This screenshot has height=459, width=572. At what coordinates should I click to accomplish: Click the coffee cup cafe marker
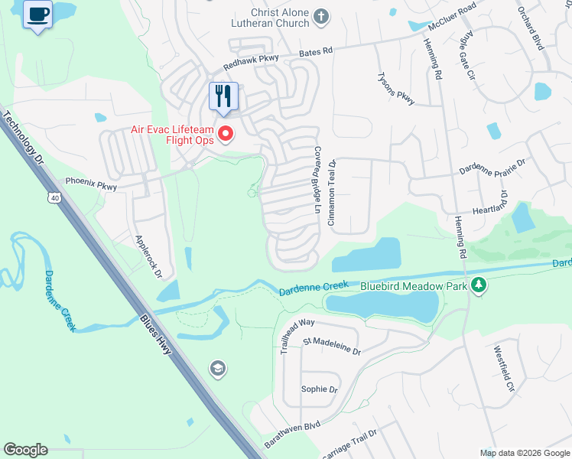pos(37,14)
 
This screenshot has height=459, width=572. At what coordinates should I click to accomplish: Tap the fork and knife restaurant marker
pos(223,96)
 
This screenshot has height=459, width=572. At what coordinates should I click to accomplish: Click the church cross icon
pos(322,16)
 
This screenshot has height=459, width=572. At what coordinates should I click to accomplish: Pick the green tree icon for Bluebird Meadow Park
pos(479,285)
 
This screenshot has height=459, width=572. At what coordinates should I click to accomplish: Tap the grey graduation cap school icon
pos(218,369)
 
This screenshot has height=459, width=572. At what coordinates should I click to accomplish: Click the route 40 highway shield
pos(54,198)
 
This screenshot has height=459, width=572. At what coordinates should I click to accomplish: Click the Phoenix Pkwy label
pos(91,184)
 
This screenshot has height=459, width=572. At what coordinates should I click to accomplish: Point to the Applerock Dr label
pos(149,256)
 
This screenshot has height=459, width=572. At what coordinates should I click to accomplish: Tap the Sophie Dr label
pos(319,389)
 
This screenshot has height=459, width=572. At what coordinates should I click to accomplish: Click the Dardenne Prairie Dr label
pos(492,167)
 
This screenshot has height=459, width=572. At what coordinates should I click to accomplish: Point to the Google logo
pos(25,450)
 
